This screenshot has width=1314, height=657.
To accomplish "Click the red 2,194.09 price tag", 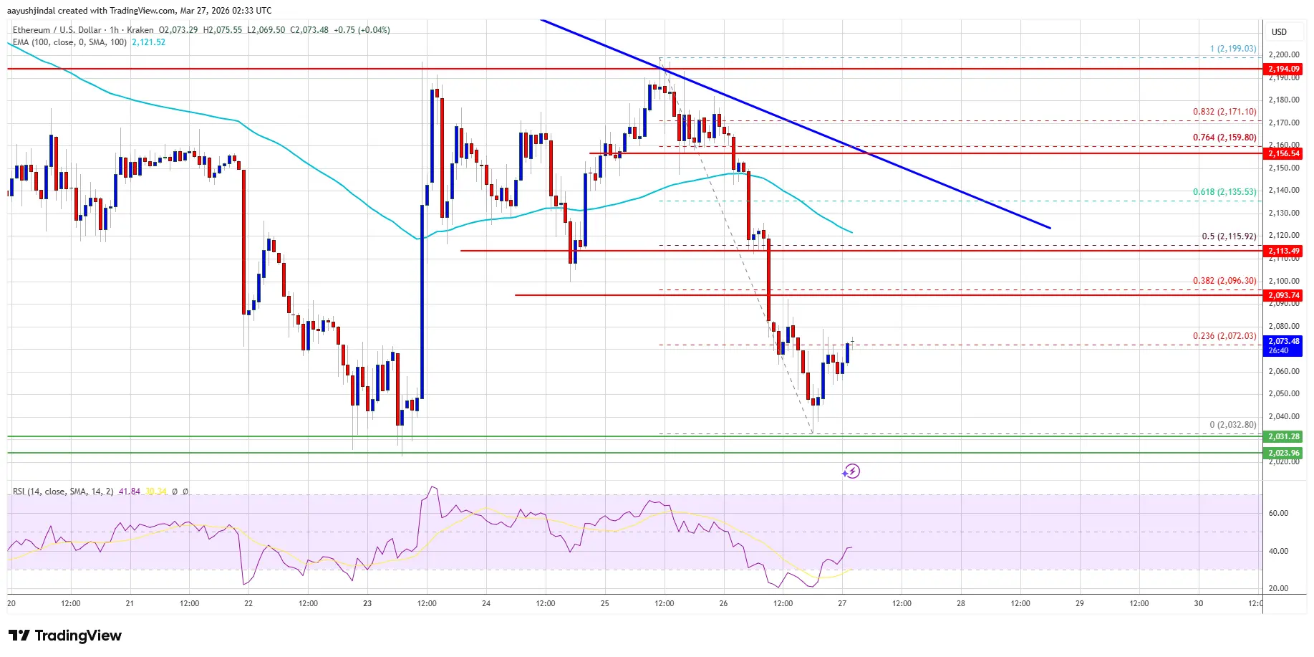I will (1283, 69).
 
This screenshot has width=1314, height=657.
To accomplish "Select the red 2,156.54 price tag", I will (1283, 153).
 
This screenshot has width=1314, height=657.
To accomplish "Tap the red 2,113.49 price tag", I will (1283, 251).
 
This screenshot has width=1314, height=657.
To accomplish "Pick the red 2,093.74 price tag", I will (1283, 295).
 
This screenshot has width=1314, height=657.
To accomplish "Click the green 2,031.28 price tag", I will (1283, 436).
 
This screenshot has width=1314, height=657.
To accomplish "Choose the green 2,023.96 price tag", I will (1283, 453).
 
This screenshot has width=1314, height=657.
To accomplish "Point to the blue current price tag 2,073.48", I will (1283, 345).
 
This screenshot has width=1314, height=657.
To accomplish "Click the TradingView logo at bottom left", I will (65, 636).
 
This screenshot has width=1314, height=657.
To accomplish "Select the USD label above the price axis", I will (1279, 32).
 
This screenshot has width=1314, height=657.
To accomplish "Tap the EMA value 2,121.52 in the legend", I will (148, 42).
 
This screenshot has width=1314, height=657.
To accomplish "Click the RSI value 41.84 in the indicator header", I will (130, 491).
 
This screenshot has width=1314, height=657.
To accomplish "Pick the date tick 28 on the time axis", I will (961, 603).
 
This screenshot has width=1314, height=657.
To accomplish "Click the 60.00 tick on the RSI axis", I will (1278, 513).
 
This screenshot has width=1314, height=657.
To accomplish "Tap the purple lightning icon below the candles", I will (851, 471).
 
